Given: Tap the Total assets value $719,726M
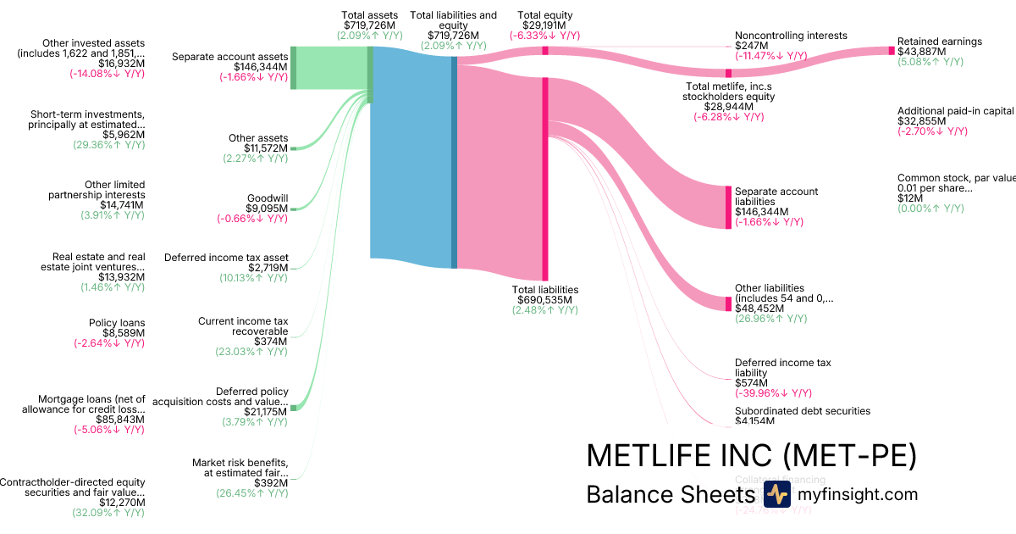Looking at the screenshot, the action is coord(369,25).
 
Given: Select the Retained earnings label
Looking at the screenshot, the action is coord(939,42).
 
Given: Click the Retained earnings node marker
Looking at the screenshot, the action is coord(891,51).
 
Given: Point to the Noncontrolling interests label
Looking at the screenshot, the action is coord(791,36).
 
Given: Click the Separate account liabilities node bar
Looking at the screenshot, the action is coord(728,207).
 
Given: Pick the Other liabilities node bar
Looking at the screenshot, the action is coord(728,303).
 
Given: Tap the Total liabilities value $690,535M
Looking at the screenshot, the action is coord(545,300).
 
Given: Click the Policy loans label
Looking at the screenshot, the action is coord(117,323).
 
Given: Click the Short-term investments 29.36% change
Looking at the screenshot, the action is coord(109,145).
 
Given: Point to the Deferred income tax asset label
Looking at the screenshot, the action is coord(226,258).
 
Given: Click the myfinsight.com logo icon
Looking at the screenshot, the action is coord(776,495).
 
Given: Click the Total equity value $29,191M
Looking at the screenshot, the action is coord(545,25).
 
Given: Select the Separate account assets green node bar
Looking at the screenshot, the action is coord(294,68).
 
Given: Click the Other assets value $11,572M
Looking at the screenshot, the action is coord(266,148).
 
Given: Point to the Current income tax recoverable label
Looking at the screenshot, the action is coord(243,326).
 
